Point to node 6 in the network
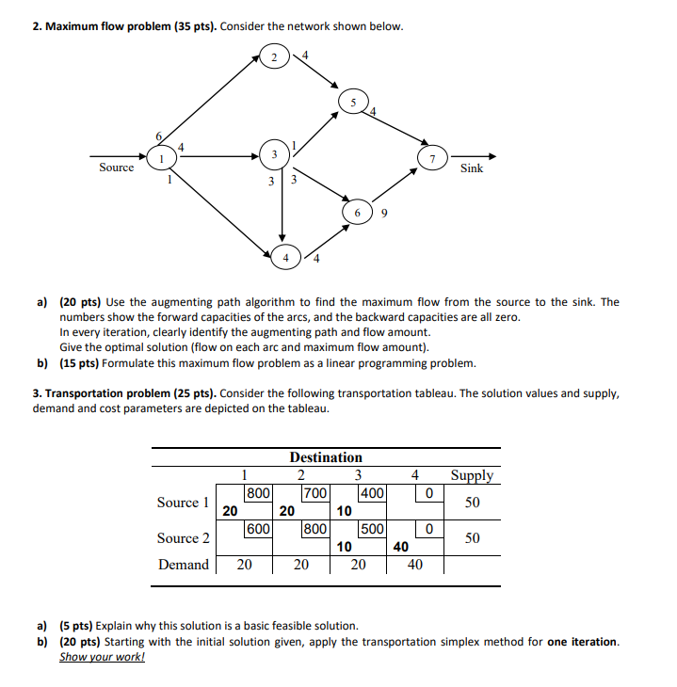click(x=358, y=212)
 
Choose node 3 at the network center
click(x=274, y=154)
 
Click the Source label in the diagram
click(x=117, y=168)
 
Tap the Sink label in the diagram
click(x=472, y=168)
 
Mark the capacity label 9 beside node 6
click(x=385, y=213)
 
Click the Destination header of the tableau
click(x=326, y=457)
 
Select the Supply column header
click(x=472, y=475)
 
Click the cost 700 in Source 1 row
click(x=314, y=492)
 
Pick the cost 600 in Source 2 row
click(x=258, y=529)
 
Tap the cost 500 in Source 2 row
click(x=372, y=529)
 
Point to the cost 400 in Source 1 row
click(x=372, y=492)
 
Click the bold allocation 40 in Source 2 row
click(x=401, y=546)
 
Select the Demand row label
click(x=184, y=565)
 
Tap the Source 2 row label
click(x=183, y=538)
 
